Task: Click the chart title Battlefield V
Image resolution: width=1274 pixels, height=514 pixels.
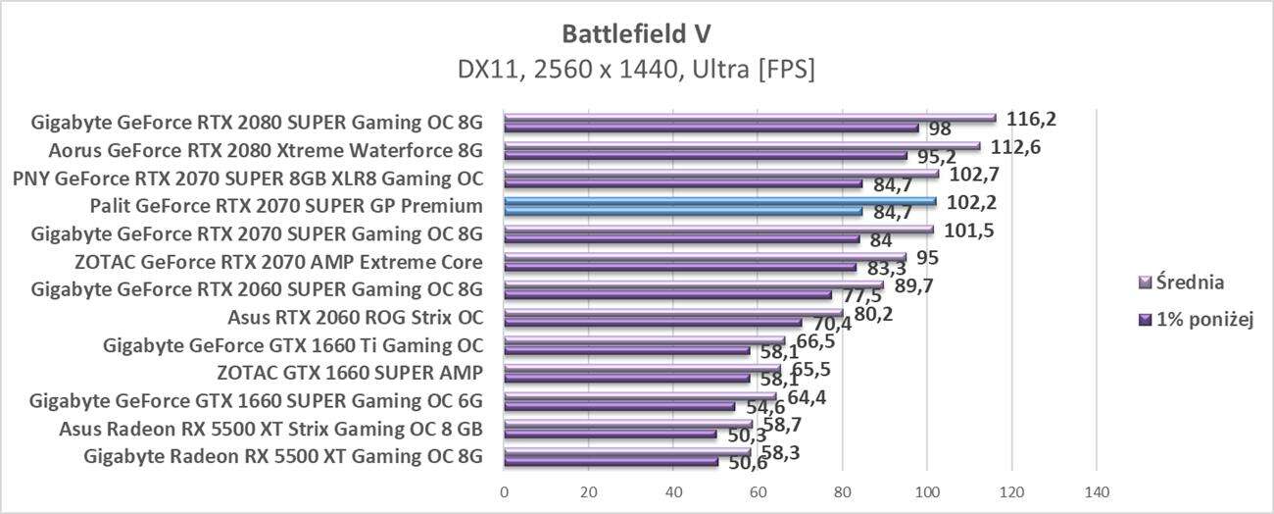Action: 636,34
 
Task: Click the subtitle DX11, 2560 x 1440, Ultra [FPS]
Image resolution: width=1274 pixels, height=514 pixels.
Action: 636,70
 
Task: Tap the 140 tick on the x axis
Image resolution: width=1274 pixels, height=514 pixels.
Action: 1096,490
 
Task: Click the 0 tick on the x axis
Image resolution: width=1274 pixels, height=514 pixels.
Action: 505,490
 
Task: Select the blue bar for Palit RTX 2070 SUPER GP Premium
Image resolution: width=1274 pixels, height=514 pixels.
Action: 719,202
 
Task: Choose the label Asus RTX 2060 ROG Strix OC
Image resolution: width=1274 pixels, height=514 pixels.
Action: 355,318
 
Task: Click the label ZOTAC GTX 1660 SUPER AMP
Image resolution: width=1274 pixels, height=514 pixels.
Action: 350,373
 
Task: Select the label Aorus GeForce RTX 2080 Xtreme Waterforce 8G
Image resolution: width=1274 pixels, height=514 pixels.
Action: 266,151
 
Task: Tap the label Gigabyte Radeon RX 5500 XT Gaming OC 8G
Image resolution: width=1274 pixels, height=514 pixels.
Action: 283,455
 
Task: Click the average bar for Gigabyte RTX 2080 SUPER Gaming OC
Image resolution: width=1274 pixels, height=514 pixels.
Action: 750,118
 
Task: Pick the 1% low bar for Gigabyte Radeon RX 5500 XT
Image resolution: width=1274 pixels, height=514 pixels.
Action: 611,461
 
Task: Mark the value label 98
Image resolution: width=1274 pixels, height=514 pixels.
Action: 940,129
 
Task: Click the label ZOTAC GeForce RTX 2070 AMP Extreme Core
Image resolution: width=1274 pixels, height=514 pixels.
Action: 278,262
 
